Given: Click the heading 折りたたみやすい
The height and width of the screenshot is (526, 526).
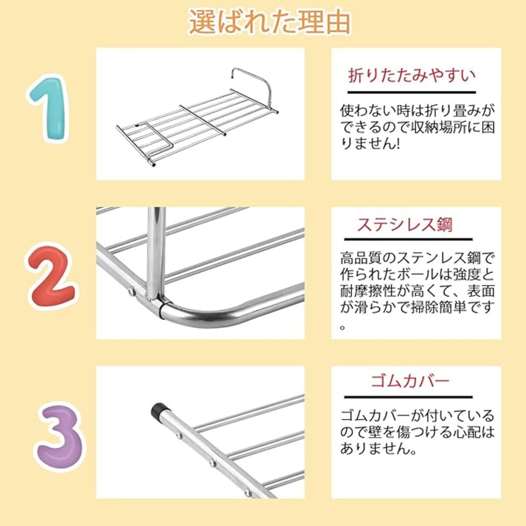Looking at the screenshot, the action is [412, 76].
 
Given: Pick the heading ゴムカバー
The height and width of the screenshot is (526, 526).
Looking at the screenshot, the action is [410, 381].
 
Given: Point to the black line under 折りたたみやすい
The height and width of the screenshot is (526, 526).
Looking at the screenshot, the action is [411, 92].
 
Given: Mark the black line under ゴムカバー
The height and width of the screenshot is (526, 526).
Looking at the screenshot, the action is [408, 397].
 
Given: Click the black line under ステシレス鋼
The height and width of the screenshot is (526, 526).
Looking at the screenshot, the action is [408, 240].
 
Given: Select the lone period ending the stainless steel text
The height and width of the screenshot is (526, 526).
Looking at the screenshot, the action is [344, 327].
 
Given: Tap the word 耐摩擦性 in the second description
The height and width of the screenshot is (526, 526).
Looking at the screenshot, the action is [371, 291].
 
